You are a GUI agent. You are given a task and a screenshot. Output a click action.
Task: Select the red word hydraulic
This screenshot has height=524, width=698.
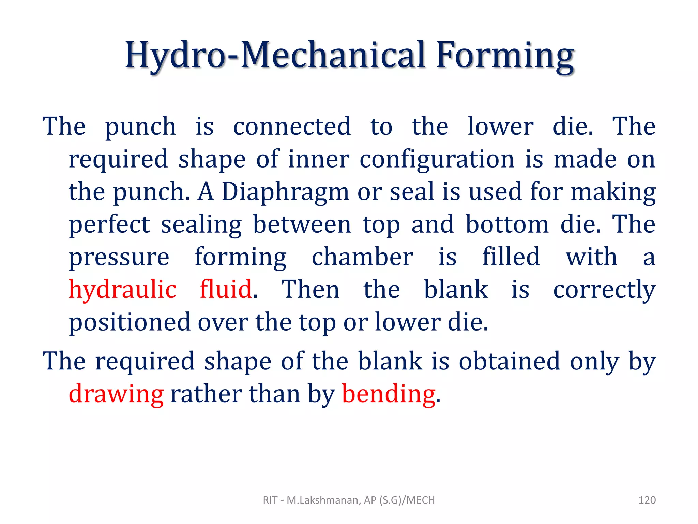(123, 290)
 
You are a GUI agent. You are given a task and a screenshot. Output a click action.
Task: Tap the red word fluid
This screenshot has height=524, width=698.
(226, 290)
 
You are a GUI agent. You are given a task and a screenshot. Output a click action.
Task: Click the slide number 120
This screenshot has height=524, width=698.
(647, 500)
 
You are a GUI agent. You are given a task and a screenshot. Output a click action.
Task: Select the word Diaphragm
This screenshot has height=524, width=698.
(285, 192)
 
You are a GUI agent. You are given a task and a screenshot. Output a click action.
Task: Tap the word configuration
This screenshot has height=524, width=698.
(437, 159)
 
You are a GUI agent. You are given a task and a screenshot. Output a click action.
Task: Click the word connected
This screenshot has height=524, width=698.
(292, 127)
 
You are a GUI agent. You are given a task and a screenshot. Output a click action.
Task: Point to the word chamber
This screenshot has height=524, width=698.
(362, 257)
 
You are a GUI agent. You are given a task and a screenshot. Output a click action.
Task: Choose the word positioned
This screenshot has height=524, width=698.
(130, 322)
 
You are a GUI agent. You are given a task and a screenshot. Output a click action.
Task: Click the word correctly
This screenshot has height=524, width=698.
(604, 290)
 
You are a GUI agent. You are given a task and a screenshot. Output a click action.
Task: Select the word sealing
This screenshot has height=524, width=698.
(201, 225)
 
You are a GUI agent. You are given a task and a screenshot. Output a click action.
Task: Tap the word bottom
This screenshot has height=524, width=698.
(507, 225)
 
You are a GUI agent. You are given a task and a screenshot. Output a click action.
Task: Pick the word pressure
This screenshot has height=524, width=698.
(119, 258)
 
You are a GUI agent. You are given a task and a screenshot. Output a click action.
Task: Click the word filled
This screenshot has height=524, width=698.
(511, 257)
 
